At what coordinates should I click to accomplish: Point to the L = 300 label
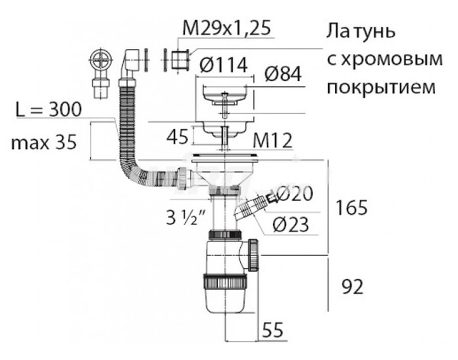(x=48, y=110)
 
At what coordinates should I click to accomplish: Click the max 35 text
(x=44, y=142)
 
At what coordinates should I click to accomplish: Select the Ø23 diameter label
(x=291, y=225)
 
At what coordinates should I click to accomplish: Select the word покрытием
(x=381, y=87)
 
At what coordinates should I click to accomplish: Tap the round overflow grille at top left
(x=100, y=60)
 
